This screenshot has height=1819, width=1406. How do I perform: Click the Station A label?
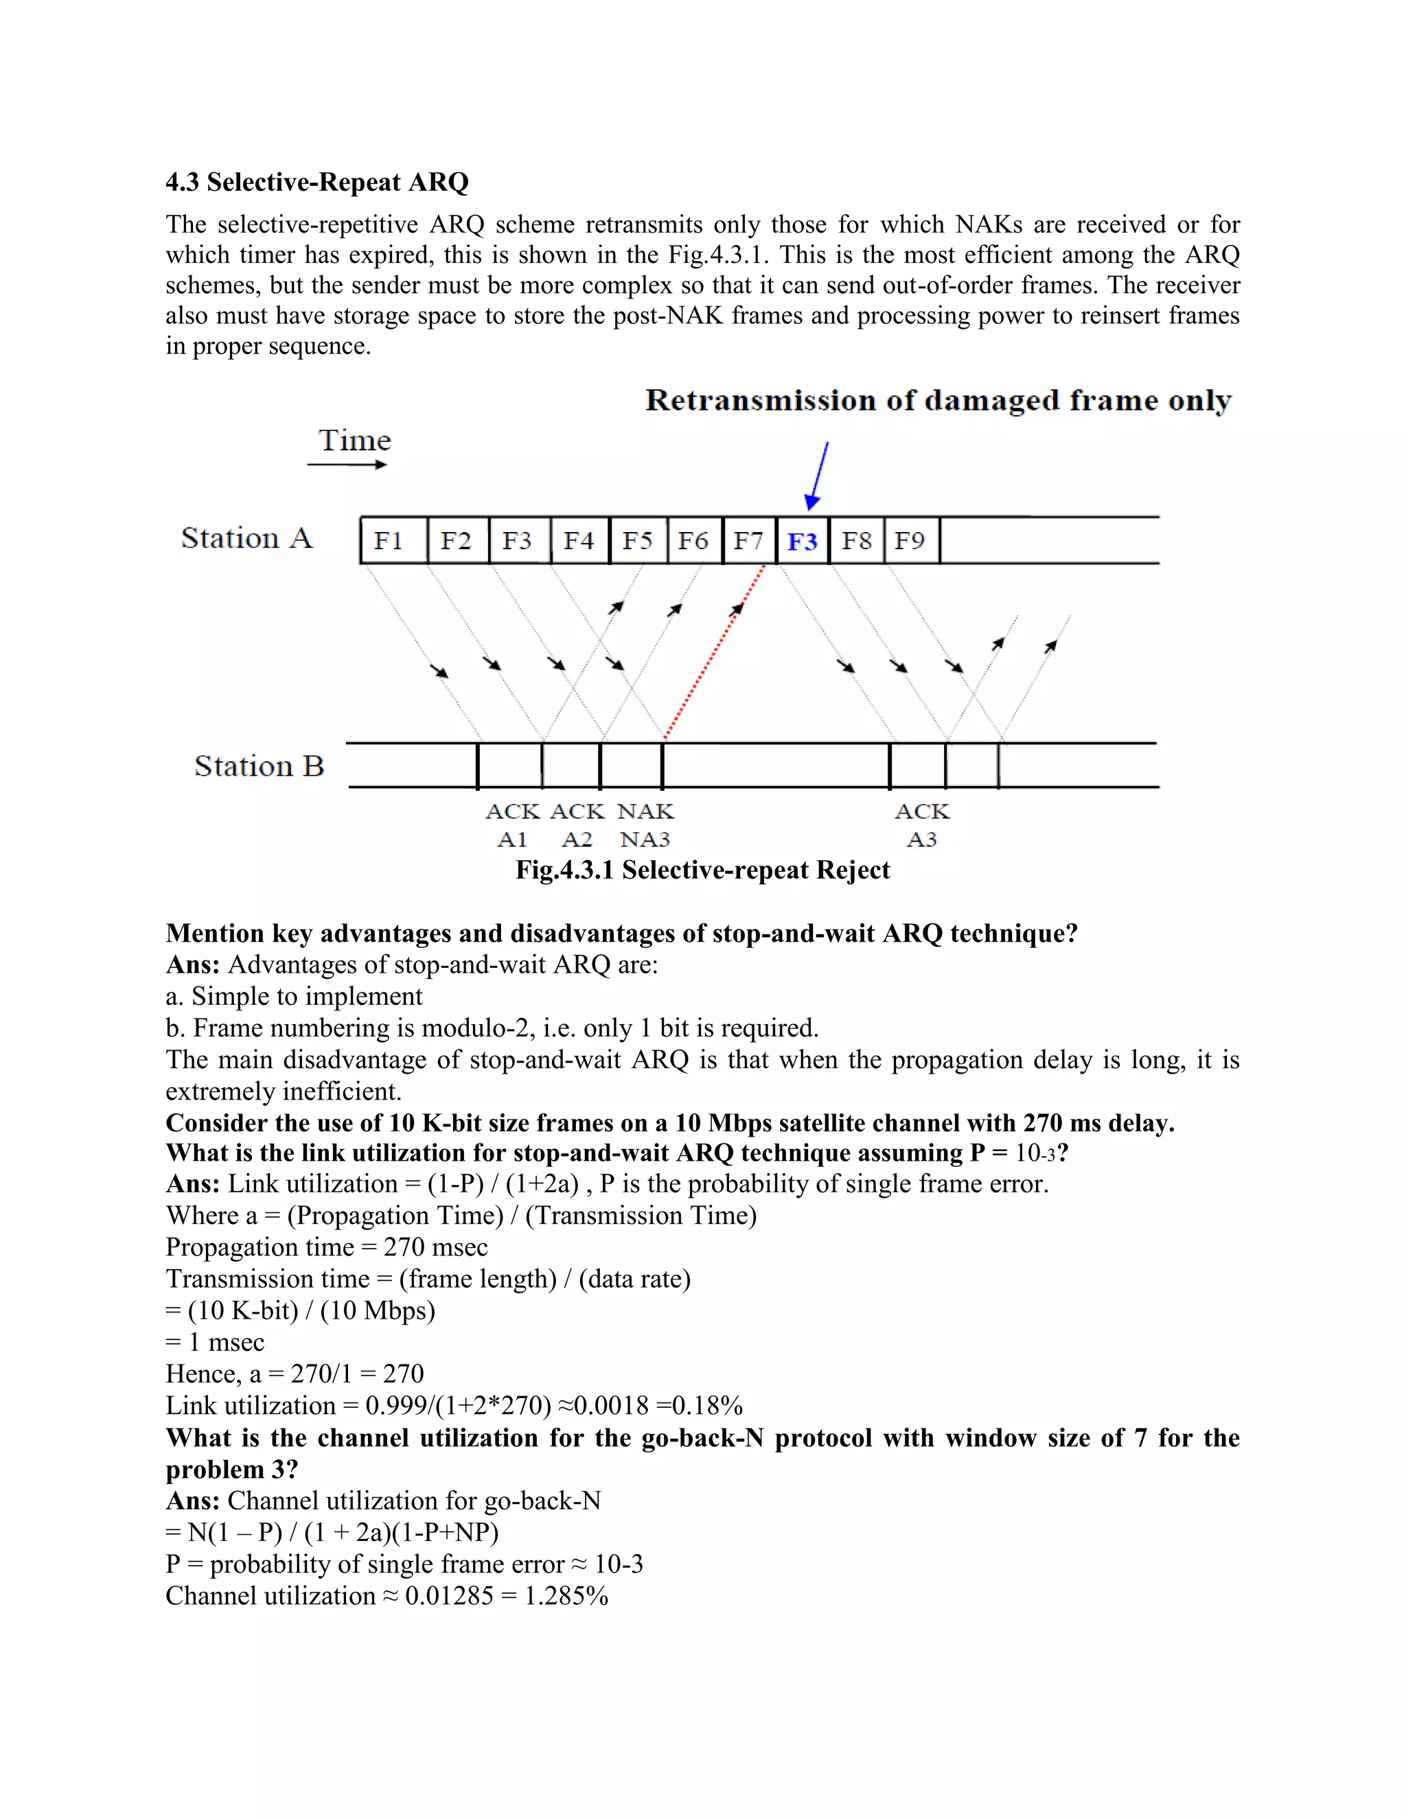click(246, 538)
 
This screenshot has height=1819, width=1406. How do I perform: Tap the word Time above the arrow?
click(355, 441)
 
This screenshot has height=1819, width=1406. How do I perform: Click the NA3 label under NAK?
click(645, 839)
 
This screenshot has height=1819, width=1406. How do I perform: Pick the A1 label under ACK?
click(511, 839)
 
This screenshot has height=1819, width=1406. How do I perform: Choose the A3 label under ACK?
click(921, 839)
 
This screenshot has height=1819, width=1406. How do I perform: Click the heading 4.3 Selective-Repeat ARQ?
click(316, 182)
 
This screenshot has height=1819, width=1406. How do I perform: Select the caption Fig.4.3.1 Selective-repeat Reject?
click(702, 870)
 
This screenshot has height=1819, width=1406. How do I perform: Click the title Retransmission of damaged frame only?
click(938, 401)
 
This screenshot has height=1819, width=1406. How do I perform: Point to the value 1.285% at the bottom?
click(566, 1596)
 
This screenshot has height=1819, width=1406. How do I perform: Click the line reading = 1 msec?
click(215, 1343)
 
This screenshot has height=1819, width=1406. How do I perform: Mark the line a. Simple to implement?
click(294, 996)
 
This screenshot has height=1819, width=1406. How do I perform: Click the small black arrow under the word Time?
click(347, 465)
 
